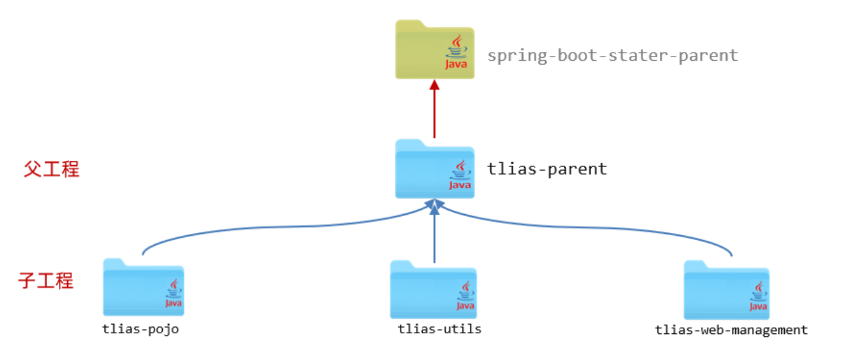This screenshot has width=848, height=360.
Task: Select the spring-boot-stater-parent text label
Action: (x=613, y=55)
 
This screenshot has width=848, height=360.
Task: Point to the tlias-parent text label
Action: (x=547, y=169)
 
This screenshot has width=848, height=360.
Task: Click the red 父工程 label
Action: (x=52, y=169)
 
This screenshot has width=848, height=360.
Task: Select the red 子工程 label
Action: (x=46, y=281)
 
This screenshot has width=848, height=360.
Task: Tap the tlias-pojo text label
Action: (x=141, y=329)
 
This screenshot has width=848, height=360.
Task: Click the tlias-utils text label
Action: (x=440, y=329)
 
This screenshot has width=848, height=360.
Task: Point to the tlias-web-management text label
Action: (x=731, y=330)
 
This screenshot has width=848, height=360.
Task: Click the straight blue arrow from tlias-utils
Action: (x=435, y=236)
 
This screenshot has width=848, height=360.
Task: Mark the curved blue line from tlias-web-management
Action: (x=621, y=230)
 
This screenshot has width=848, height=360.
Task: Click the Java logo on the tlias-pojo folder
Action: (x=173, y=293)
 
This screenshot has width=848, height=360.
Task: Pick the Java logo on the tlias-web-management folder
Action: (x=758, y=296)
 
